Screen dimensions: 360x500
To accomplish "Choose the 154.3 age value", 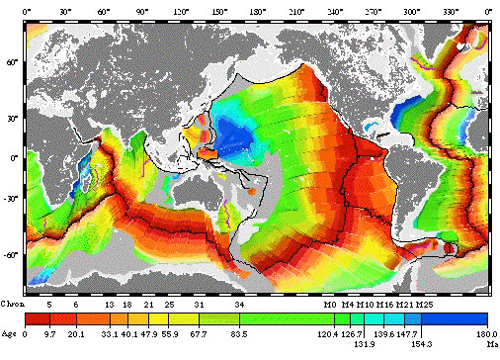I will (x=422, y=345).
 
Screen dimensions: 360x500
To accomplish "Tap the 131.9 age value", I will (x=364, y=345).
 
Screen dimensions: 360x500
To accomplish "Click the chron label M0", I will (x=329, y=305).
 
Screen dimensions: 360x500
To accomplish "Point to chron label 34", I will (x=239, y=305).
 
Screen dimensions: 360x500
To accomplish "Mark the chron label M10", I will (x=365, y=305).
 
